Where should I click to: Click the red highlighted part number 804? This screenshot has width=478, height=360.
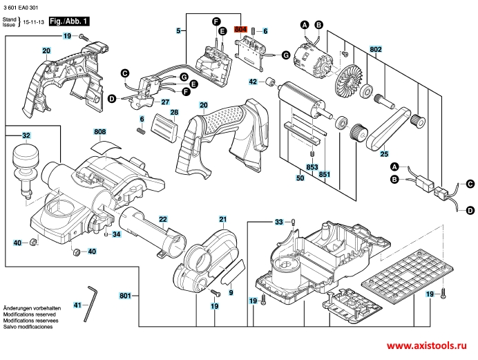240,30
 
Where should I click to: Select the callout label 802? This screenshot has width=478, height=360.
376,50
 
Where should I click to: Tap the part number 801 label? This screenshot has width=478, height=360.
125,296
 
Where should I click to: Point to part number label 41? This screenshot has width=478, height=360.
77,305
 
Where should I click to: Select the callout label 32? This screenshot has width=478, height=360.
26,135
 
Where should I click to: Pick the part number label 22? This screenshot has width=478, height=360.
163,219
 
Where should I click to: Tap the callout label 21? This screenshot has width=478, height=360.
223,219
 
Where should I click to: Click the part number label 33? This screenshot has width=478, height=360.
279,222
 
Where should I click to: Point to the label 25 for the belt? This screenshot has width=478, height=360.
384,153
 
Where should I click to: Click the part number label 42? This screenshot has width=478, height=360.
253,82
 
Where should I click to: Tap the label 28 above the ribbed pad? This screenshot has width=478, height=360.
175,113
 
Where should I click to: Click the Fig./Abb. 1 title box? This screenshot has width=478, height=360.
68,22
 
